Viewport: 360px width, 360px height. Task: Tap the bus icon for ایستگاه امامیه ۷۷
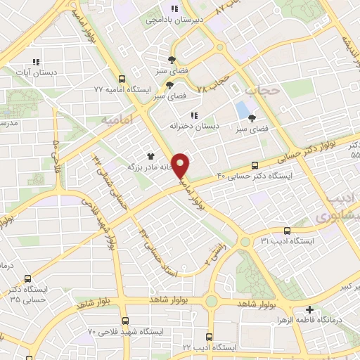pos(123,79)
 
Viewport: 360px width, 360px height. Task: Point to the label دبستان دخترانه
pos(194,125)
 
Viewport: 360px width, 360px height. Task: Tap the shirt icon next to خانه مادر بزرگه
pos(149,156)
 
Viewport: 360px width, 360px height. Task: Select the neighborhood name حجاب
pos(262,90)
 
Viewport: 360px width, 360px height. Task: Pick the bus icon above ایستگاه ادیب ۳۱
pos(286,230)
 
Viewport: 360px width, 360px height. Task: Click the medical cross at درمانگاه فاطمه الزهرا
pos(309,309)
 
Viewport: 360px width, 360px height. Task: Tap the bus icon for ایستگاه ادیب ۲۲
pos(208,336)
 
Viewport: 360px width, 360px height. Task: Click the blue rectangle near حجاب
pos(243,110)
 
